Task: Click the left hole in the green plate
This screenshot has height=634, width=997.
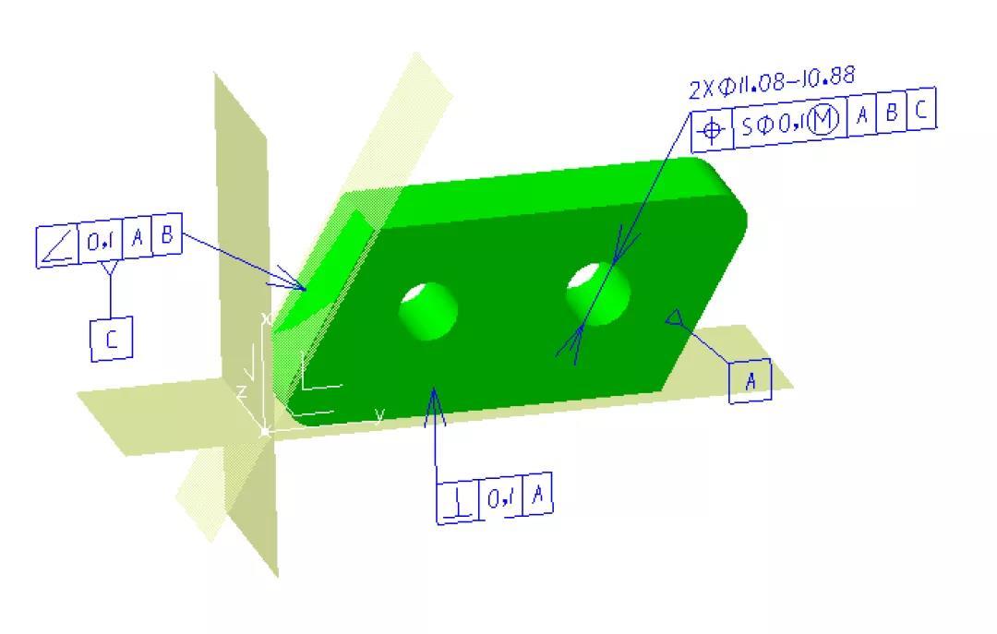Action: pyautogui.click(x=428, y=311)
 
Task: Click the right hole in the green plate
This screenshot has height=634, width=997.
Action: pyautogui.click(x=598, y=293)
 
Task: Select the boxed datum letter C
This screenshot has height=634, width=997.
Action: pyautogui.click(x=112, y=339)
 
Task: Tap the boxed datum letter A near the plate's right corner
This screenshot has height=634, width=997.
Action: pyautogui.click(x=751, y=381)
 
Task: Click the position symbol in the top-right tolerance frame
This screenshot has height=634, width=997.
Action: pyautogui.click(x=712, y=131)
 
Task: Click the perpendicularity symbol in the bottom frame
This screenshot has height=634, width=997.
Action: pyautogui.click(x=458, y=501)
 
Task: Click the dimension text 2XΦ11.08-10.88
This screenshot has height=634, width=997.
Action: pyautogui.click(x=772, y=83)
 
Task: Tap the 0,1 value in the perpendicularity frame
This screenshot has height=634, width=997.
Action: pyautogui.click(x=501, y=497)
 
